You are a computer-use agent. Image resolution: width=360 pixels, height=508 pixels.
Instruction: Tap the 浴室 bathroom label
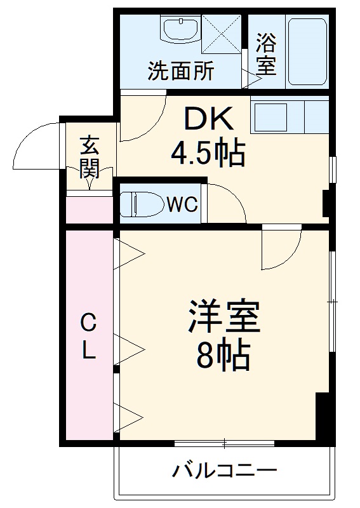[266, 55]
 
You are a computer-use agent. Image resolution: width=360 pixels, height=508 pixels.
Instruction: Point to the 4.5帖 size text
[208, 152]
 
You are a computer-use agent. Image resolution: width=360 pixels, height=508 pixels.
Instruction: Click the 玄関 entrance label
[88, 157]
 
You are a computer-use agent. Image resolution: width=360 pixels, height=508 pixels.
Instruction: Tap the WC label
[183, 204]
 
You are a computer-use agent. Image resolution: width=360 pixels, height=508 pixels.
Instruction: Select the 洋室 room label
[223, 316]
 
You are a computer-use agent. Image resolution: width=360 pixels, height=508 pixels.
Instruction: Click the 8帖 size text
[222, 357]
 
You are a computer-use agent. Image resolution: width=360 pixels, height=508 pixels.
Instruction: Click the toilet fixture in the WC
[140, 204]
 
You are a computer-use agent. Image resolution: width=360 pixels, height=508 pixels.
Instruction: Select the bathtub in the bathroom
[306, 51]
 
